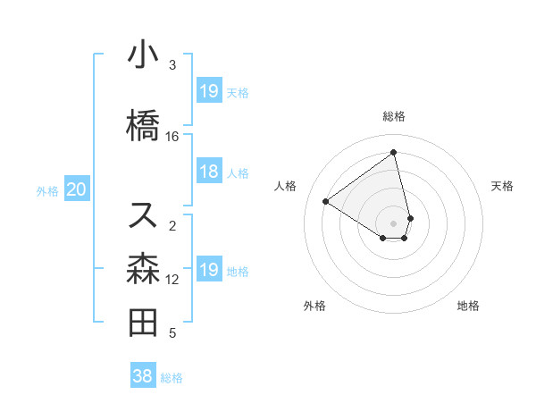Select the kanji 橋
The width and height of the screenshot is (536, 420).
click(143, 125)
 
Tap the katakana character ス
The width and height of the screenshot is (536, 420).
click(143, 214)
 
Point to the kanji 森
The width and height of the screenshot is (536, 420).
click(143, 267)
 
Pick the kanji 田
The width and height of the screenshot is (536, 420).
click(143, 323)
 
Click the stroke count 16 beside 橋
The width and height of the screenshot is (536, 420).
click(172, 136)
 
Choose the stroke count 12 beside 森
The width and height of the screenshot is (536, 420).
click(172, 280)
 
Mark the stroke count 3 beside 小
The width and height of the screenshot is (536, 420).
click(172, 65)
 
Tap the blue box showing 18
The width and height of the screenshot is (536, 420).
click(208, 172)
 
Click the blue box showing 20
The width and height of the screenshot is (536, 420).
click(77, 189)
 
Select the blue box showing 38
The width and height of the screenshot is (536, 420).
click(142, 376)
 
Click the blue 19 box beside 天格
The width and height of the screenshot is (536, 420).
click(208, 91)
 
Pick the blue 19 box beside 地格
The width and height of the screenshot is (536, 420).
click(208, 270)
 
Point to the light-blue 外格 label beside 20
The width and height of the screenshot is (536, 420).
click(47, 190)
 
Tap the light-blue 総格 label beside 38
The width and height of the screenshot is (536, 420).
click(172, 378)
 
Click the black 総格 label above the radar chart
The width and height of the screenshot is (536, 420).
click(394, 116)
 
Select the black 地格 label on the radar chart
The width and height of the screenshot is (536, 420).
click(468, 306)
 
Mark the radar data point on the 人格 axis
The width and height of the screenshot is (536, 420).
click(325, 201)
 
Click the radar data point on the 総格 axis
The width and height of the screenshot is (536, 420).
click(394, 152)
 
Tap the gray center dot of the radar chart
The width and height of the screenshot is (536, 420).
click(394, 223)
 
